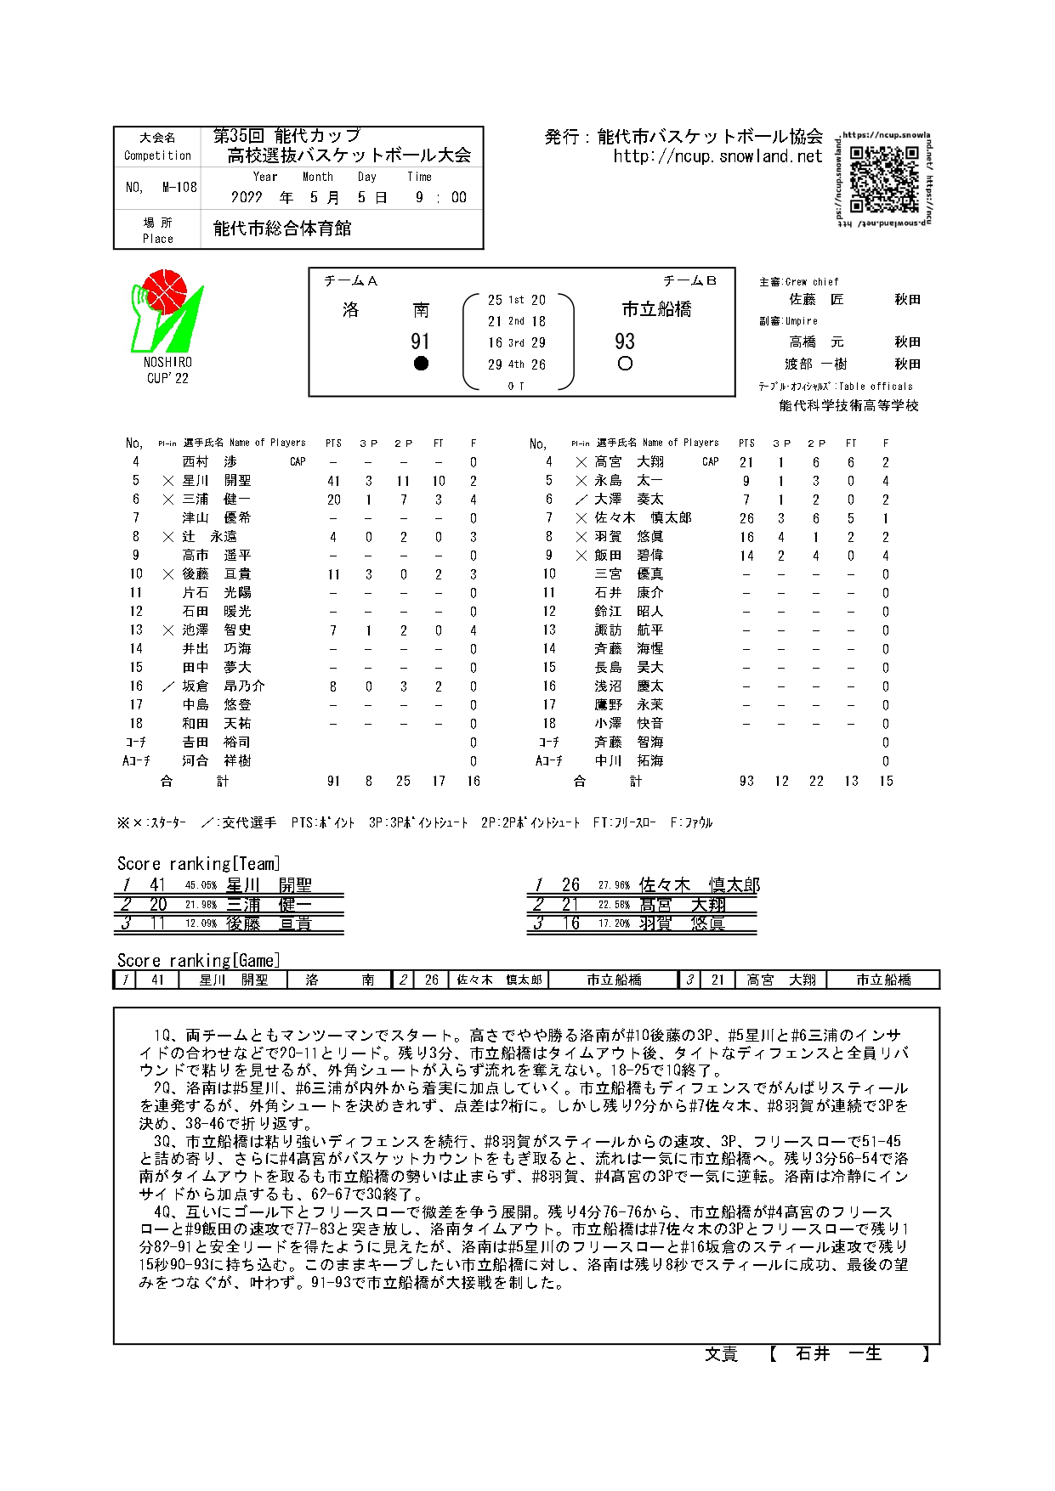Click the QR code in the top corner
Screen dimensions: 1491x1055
[884, 178]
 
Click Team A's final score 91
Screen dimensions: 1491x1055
[420, 342]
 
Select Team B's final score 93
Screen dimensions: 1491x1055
[625, 342]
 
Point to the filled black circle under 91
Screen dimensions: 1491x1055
[420, 364]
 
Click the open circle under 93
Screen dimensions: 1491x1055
[625, 364]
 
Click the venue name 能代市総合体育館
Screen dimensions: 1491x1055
[282, 229]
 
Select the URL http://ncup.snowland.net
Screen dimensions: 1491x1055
[718, 156]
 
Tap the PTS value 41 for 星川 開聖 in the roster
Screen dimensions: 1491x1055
[333, 481]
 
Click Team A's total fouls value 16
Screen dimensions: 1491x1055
[473, 781]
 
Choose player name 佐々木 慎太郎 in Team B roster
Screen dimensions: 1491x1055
[644, 518]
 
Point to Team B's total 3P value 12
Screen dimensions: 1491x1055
[781, 781]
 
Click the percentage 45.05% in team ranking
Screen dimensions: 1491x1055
[201, 885]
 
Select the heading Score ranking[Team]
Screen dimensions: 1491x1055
[198, 864]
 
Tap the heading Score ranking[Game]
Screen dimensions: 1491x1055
[198, 961]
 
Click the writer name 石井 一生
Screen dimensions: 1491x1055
[838, 1354]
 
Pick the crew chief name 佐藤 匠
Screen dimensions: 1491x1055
[816, 299]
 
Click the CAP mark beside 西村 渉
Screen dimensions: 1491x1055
[298, 462]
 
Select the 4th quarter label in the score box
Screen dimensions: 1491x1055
[516, 364]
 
